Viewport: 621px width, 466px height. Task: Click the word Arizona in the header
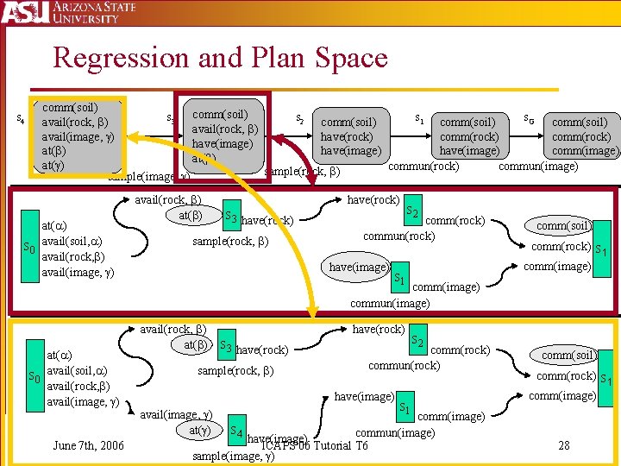point(91,9)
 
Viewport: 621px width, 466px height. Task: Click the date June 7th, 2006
point(88,445)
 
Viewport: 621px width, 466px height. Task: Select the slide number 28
point(564,446)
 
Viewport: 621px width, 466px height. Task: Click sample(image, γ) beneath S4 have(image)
point(234,456)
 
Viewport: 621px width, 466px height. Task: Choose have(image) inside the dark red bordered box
point(222,143)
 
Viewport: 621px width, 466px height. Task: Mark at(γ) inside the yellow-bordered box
point(53,165)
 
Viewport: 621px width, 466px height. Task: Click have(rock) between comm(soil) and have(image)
point(347,136)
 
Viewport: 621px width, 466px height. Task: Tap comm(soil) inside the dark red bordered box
point(220,114)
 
